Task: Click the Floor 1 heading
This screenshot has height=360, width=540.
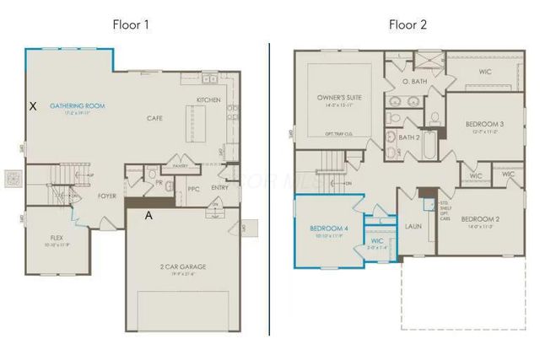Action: pos(132,24)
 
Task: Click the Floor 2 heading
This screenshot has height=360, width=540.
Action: pos(408,24)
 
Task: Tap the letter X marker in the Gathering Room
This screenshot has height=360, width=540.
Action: pos(34,106)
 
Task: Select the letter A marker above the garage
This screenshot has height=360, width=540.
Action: pos(148,216)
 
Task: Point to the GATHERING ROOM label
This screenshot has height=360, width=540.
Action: pos(77,105)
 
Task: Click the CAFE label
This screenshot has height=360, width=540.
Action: pos(154,118)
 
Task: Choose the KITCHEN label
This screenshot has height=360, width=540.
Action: pos(208,99)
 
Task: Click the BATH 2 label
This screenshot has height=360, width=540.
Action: pos(409,137)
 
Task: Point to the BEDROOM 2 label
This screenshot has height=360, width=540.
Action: pos(480,218)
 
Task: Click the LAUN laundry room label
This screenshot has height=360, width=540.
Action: pos(413,225)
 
